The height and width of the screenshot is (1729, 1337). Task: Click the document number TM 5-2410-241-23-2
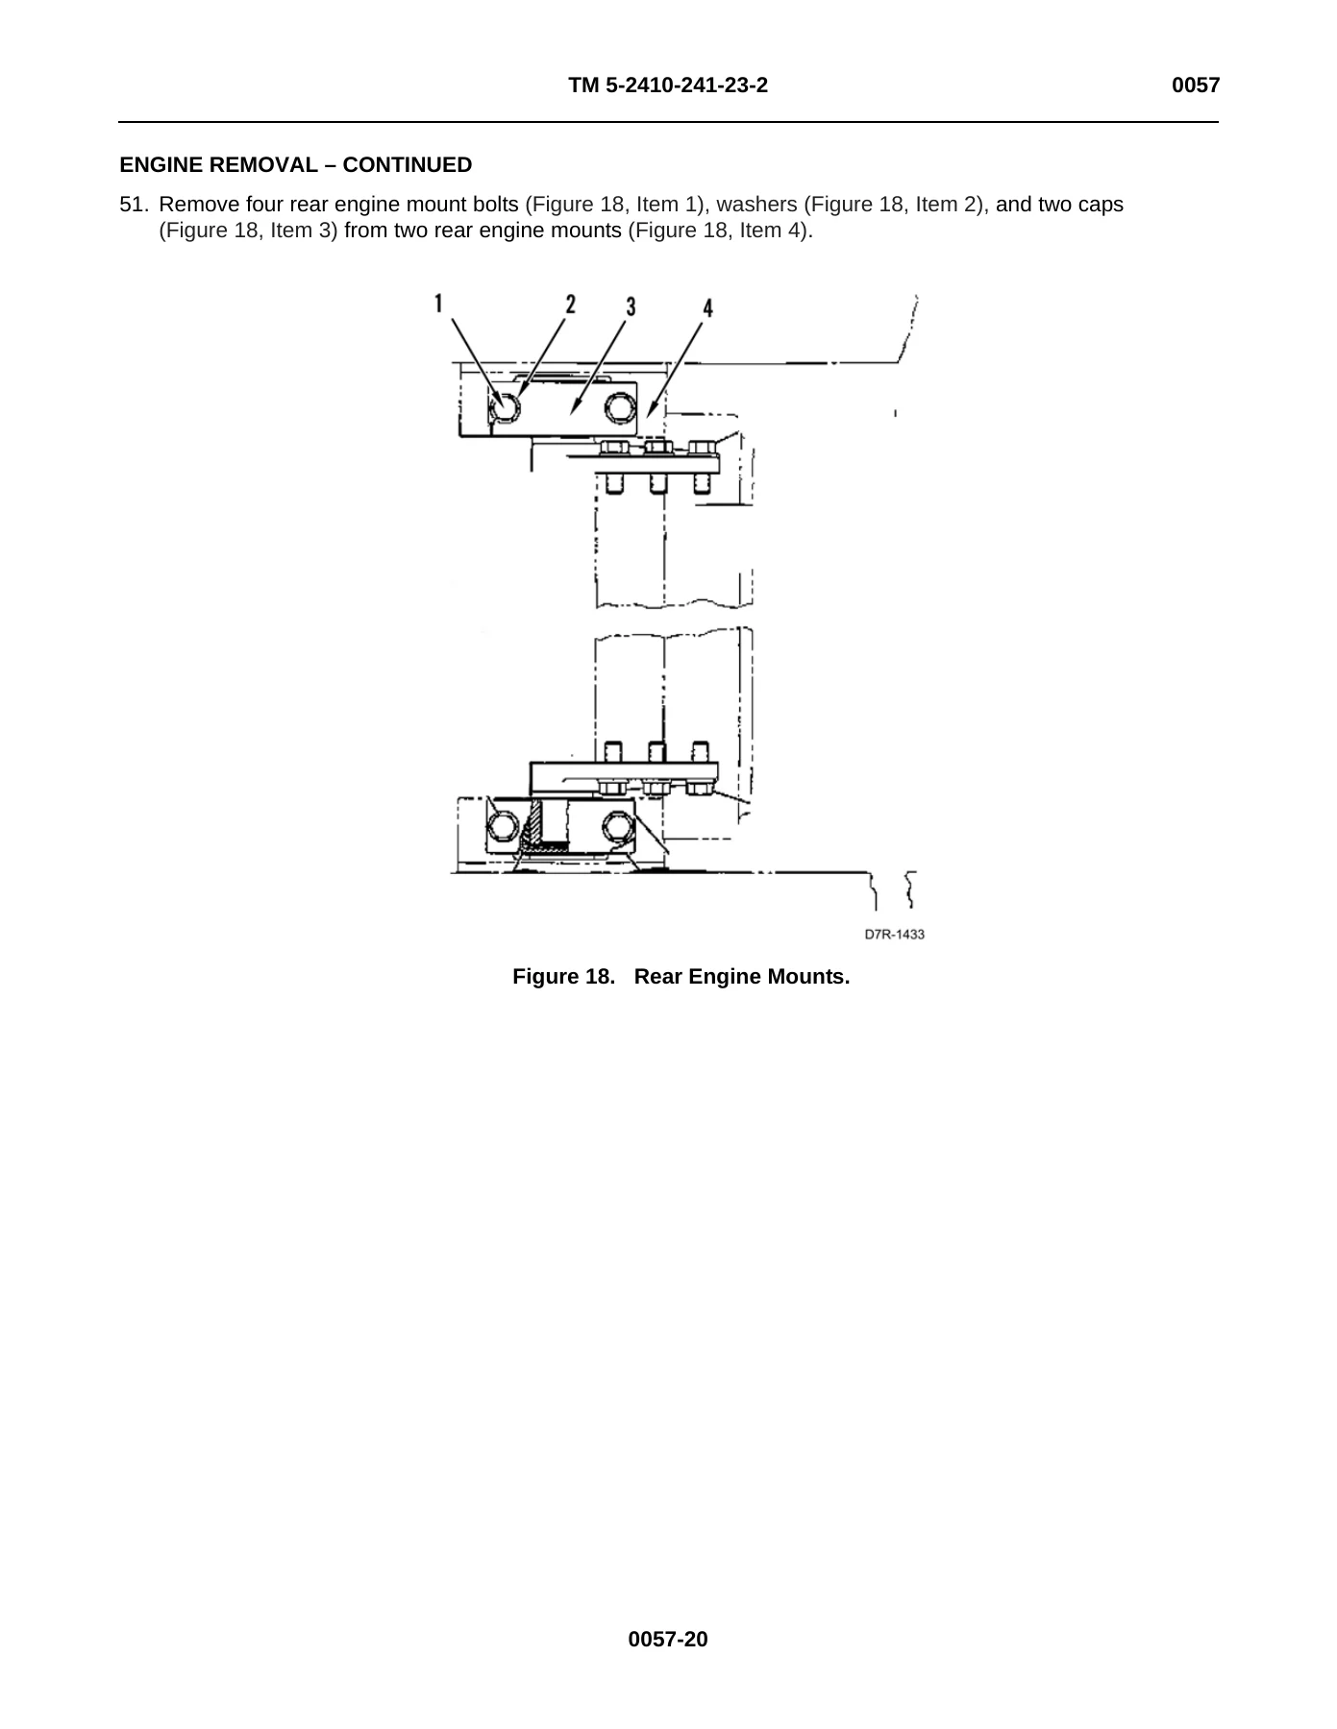pyautogui.click(x=668, y=85)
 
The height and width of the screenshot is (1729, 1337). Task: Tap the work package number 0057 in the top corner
pyautogui.click(x=1196, y=85)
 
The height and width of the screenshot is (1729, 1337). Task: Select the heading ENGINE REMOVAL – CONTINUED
pyautogui.click(x=296, y=165)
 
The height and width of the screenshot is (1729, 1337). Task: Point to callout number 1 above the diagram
pyautogui.click(x=438, y=304)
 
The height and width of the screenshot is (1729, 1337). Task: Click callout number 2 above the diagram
pyautogui.click(x=570, y=304)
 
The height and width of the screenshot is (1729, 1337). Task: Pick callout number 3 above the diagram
pyautogui.click(x=631, y=306)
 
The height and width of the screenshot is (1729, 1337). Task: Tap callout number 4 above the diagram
pyautogui.click(x=707, y=307)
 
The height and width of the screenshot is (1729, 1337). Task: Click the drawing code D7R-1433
pyautogui.click(x=894, y=934)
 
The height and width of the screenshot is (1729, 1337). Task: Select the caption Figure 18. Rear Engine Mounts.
pyautogui.click(x=681, y=977)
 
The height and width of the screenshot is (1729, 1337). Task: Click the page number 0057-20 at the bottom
pyautogui.click(x=668, y=1640)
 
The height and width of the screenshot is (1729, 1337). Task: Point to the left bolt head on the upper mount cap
pyautogui.click(x=505, y=407)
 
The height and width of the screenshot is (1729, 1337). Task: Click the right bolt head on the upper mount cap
pyautogui.click(x=620, y=409)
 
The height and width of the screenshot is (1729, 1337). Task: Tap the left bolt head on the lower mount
pyautogui.click(x=503, y=826)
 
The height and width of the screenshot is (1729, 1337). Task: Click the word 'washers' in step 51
pyautogui.click(x=756, y=205)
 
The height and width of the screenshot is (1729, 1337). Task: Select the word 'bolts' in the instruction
pyautogui.click(x=497, y=205)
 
